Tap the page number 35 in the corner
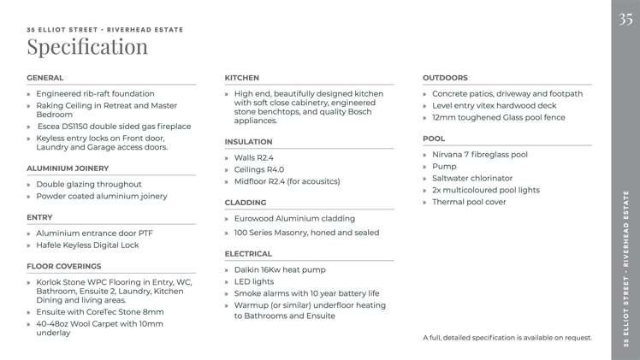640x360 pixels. [626, 19]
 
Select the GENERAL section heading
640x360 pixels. [45, 78]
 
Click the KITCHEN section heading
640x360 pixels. [242, 78]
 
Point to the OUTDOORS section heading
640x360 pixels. [445, 78]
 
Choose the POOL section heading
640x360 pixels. [434, 138]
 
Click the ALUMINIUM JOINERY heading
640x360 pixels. [68, 168]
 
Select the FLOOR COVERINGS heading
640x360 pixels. [64, 266]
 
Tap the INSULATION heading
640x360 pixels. [248, 141]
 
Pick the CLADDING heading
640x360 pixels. [246, 203]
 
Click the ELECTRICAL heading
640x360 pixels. [248, 254]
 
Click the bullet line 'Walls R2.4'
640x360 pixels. [253, 157]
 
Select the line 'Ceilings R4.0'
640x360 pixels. [258, 169]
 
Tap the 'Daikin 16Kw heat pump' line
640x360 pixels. [279, 269]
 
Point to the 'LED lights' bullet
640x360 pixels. [253, 281]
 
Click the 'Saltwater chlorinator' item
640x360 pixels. [472, 178]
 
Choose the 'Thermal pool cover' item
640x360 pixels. [469, 202]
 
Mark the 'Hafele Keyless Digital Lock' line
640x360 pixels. [87, 245]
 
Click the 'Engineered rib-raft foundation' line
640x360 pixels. [95, 93]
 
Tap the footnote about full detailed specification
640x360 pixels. [507, 338]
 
